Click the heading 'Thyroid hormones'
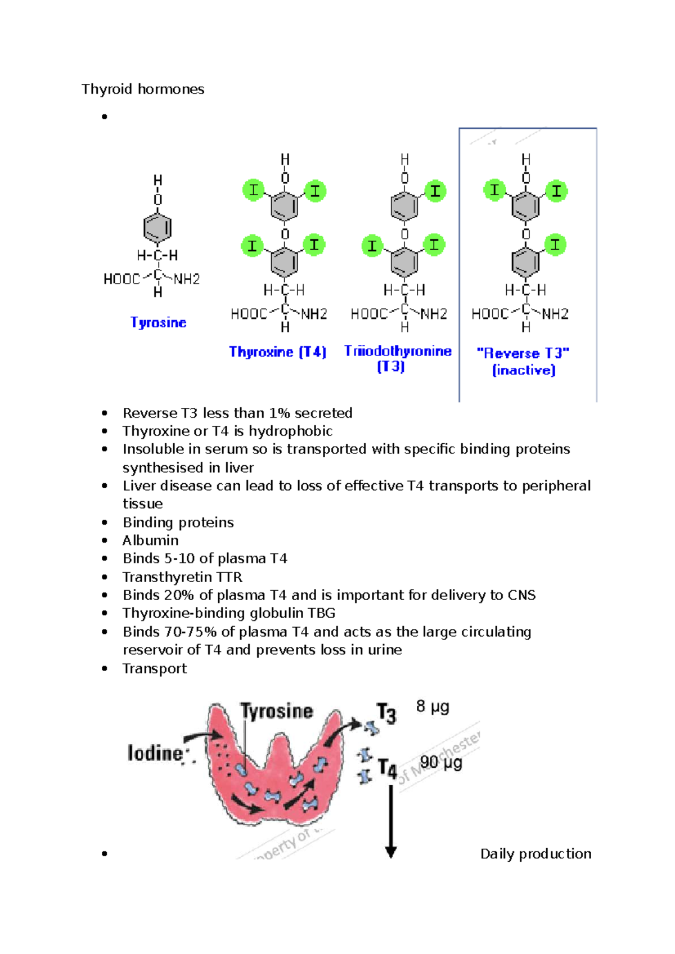tap(143, 89)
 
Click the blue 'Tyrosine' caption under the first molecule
tap(158, 322)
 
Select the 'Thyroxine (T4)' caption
tap(277, 352)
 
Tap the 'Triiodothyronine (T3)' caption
tap(397, 358)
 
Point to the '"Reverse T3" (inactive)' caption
tap(524, 361)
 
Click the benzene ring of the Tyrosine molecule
tap(157, 228)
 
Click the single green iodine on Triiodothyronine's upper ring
tap(435, 191)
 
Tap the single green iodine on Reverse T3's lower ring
tap(555, 245)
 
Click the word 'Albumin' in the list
tap(151, 541)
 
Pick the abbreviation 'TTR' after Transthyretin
tap(229, 577)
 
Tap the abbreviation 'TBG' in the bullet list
tap(321, 613)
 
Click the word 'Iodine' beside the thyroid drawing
tap(155, 753)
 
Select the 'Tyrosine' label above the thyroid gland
tap(276, 711)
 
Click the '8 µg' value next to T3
tap(433, 706)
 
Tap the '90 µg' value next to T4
tap(441, 763)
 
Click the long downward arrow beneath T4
tap(391, 821)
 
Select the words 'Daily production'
tap(535, 854)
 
